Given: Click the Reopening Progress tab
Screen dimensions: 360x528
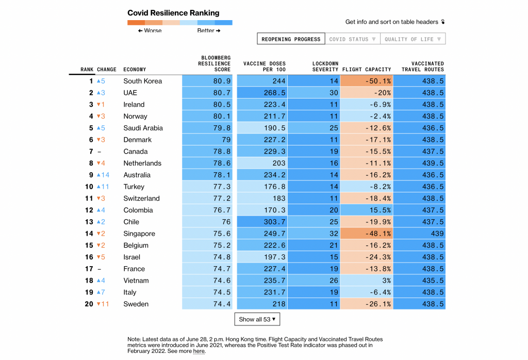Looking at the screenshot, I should [291, 39].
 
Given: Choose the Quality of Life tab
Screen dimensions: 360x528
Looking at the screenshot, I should [412, 39].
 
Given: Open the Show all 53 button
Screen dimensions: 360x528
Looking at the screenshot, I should [257, 319].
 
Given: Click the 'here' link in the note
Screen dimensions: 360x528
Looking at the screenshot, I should [199, 351].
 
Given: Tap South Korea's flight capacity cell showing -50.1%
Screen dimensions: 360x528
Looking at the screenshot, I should [367, 81].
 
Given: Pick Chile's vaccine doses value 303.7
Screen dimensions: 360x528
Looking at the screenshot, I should [261, 222].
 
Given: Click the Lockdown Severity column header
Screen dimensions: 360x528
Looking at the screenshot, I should [325, 67].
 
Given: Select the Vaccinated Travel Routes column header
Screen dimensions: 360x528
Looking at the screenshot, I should [423, 67].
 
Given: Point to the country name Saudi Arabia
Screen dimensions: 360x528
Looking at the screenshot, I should [143, 128].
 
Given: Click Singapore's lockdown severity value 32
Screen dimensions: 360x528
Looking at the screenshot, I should [313, 234].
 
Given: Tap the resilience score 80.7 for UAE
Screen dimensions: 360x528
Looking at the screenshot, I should [207, 93].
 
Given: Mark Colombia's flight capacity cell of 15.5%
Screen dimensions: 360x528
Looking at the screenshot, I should [367, 210].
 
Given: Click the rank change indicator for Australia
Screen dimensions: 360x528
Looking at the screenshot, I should [103, 175].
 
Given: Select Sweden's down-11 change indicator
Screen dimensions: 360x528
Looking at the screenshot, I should [103, 304].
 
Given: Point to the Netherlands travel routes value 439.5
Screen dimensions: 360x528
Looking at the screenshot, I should [420, 163].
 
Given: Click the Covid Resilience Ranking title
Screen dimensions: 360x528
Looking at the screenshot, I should [173, 13].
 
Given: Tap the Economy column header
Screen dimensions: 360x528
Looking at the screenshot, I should [135, 70].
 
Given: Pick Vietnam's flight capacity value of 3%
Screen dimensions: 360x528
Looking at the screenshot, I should [367, 281].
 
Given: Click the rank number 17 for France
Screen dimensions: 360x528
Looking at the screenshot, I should [89, 269].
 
